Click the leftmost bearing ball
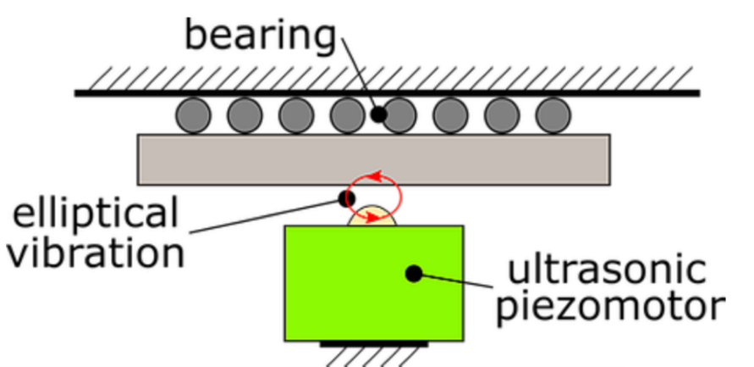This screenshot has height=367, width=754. [194, 114]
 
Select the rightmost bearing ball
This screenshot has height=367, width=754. [553, 114]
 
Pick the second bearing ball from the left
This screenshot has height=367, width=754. [245, 114]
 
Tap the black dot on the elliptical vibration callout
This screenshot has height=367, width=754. [345, 198]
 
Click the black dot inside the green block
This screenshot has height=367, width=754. [414, 273]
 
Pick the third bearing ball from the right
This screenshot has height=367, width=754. [451, 114]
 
